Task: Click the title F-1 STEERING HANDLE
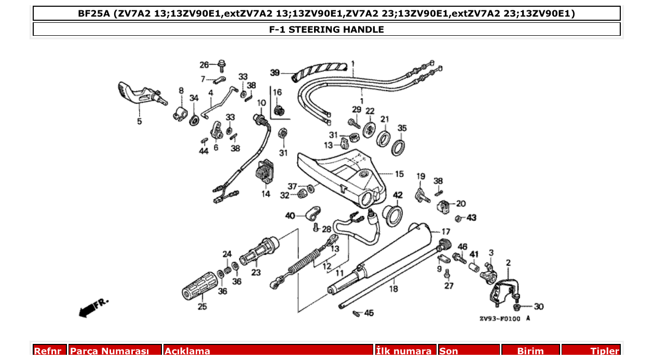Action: (x=326, y=30)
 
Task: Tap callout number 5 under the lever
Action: (x=139, y=122)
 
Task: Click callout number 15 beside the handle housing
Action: (x=399, y=174)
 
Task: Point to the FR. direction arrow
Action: (x=92, y=307)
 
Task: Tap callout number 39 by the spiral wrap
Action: (x=275, y=73)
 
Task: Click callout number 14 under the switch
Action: (x=266, y=194)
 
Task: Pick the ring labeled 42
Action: (x=393, y=214)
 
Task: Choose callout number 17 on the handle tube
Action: (x=446, y=231)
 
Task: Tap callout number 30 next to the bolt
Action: (x=539, y=307)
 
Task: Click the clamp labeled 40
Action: (x=312, y=212)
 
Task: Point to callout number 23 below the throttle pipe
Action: (x=256, y=273)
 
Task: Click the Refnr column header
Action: (x=50, y=351)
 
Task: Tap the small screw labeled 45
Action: (x=357, y=313)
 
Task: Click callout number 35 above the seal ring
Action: (x=402, y=128)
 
